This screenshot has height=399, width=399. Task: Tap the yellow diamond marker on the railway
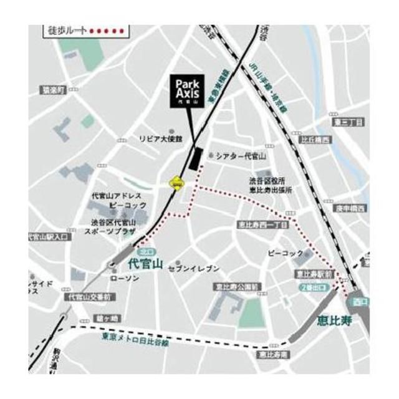coord(177,183)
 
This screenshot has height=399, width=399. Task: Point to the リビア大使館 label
coord(160,138)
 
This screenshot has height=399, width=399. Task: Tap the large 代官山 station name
coord(145,264)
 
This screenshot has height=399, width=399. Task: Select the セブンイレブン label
coord(198,268)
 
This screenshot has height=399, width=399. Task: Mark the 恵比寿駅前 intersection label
coord(314,274)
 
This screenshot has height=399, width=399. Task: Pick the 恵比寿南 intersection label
coord(272,355)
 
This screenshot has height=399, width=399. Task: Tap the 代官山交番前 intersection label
coord(91,297)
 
